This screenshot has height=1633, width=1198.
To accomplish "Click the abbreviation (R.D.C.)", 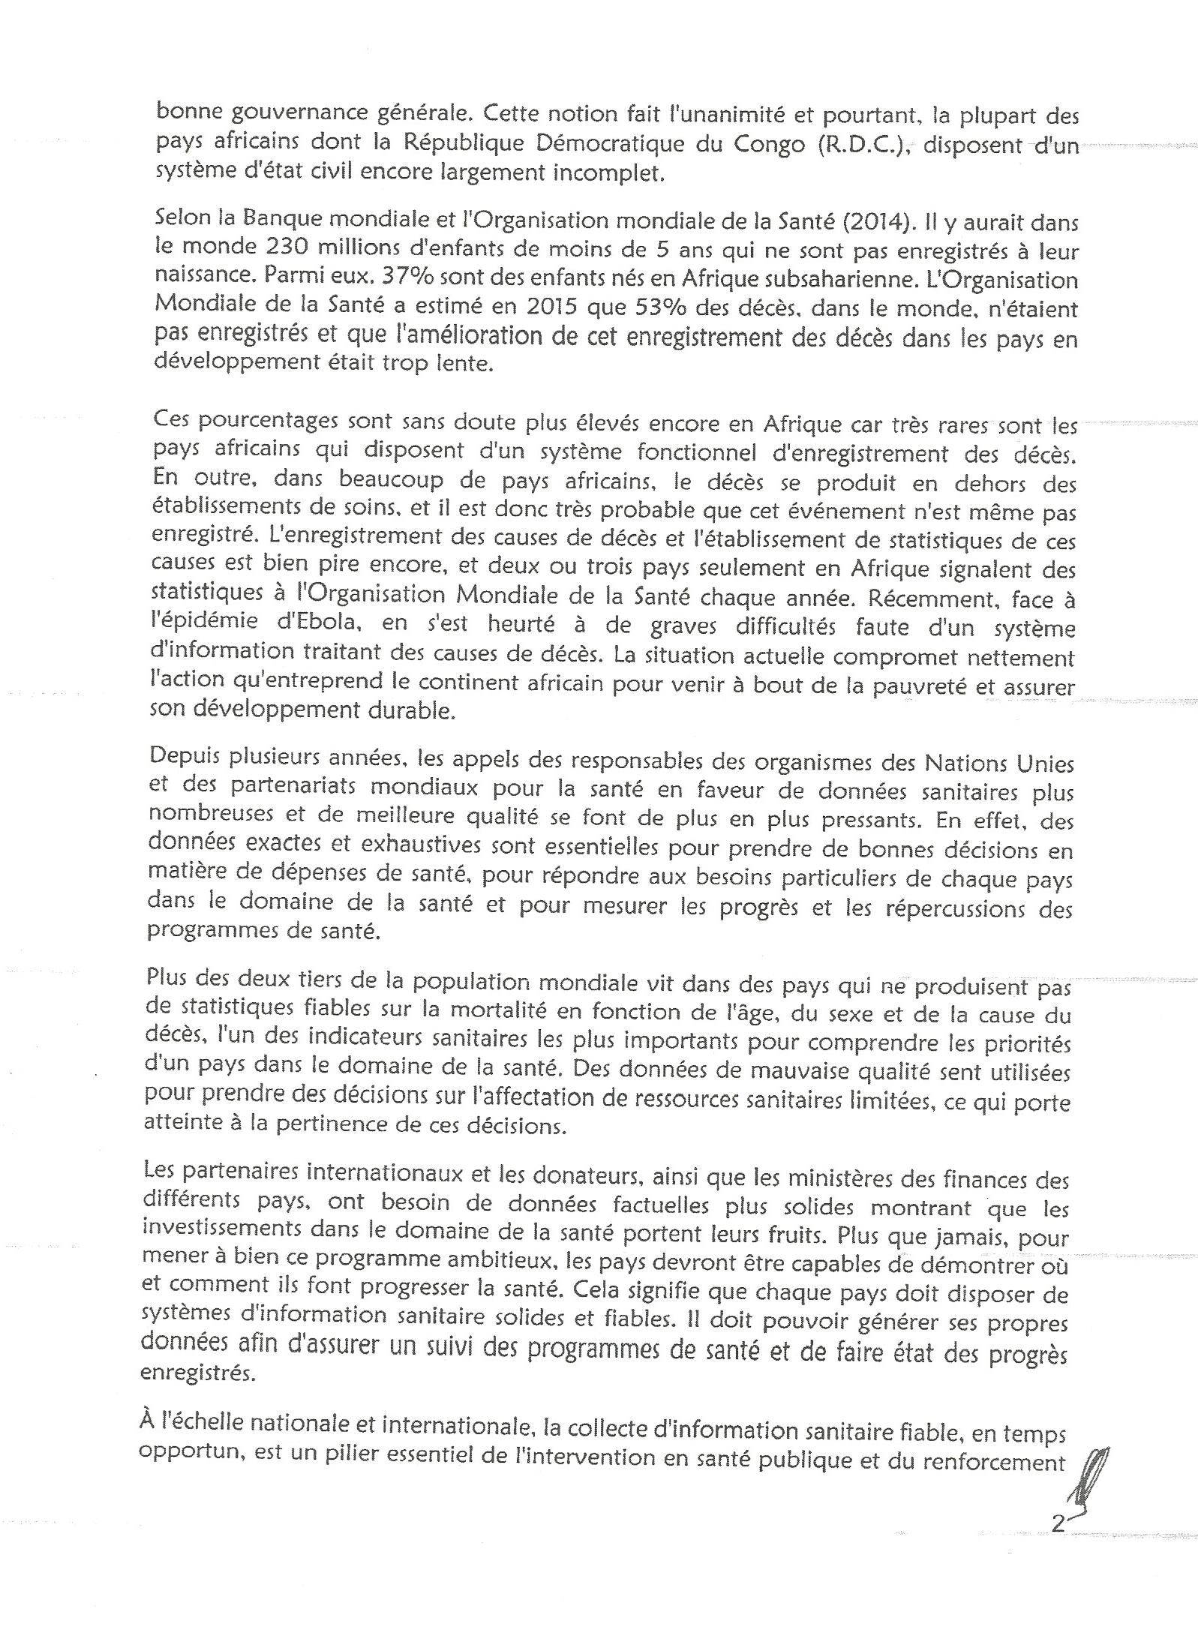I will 863,144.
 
